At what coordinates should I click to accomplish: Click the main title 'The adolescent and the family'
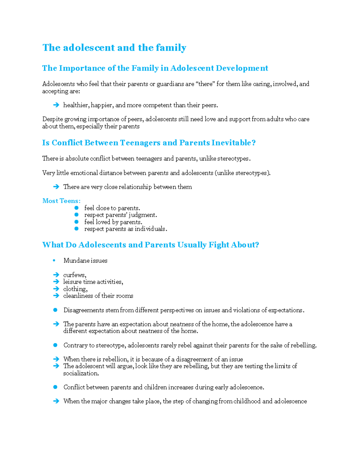tap(114, 48)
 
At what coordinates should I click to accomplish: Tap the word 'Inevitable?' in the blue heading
tap(233, 143)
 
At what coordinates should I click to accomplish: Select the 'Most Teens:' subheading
tap(61, 201)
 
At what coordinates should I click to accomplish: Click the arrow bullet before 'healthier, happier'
tap(56, 105)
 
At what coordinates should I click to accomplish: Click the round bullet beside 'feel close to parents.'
tap(76, 208)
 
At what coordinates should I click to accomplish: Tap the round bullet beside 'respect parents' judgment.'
tap(76, 215)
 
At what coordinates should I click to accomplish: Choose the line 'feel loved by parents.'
tap(113, 222)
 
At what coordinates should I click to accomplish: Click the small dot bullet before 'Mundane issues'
tap(54, 260)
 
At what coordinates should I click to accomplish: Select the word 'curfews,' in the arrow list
tap(75, 275)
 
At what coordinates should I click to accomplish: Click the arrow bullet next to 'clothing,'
tap(56, 289)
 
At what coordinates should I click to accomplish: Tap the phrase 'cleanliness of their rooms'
tap(98, 296)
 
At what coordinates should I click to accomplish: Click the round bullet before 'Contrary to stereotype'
tap(55, 345)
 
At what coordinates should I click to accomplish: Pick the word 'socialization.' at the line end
tap(81, 373)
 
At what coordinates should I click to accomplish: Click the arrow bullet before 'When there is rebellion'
tap(56, 359)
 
